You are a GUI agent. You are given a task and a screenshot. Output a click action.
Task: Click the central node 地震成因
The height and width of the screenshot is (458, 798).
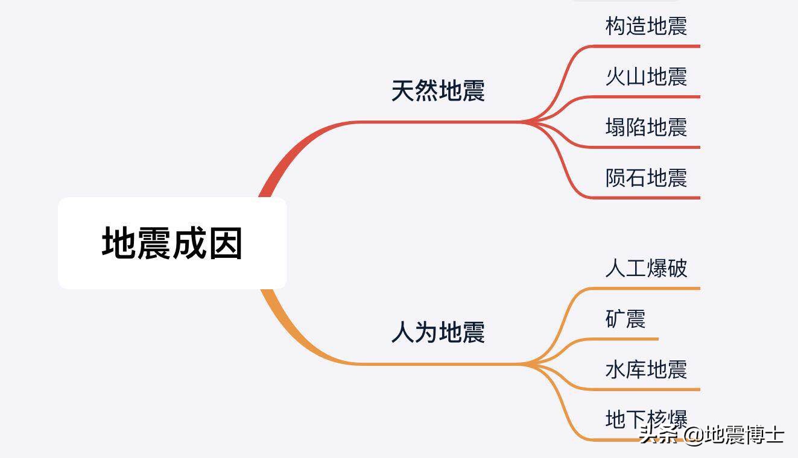point(172,243)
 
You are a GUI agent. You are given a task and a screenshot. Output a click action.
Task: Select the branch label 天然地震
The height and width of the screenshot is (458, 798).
point(438,91)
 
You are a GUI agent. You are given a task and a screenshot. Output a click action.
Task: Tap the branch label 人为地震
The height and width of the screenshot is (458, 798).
point(438,332)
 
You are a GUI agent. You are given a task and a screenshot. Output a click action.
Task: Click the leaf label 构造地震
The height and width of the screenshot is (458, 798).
point(646,26)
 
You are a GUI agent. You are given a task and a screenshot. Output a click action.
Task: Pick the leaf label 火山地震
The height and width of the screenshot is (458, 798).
point(646,77)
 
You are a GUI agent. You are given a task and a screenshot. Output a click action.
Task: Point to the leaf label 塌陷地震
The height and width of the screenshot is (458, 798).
point(646,127)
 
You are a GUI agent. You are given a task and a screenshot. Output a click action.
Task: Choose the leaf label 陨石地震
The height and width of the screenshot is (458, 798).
point(646,178)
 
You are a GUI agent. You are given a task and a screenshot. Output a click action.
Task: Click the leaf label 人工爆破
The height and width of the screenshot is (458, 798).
point(646,268)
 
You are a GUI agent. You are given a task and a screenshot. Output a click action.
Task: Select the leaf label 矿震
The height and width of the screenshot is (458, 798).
point(625,318)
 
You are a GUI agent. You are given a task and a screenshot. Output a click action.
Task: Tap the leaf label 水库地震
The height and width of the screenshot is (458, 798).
point(646,369)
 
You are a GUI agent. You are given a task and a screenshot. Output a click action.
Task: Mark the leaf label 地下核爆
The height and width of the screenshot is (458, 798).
point(646,419)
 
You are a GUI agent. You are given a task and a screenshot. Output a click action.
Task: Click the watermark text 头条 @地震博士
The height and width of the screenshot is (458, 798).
point(712,434)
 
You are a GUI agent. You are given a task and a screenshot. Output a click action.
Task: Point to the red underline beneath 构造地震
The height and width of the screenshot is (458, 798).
point(651,46)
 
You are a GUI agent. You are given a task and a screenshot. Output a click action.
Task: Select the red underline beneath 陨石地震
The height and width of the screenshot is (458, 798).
point(651,198)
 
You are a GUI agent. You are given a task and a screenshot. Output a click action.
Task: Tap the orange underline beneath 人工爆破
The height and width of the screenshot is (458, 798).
point(651,289)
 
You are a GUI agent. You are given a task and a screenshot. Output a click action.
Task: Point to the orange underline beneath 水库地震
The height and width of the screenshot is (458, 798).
point(651,389)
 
